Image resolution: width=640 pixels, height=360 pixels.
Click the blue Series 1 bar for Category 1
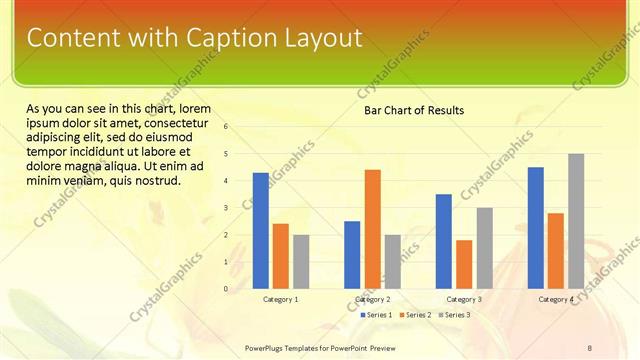coord(261,231)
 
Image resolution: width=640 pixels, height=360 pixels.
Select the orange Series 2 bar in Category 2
coord(372,229)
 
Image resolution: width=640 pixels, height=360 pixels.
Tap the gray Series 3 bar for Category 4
coord(576,221)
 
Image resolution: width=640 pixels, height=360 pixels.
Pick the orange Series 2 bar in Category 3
coord(464,264)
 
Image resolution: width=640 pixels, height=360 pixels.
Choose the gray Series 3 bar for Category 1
coord(301,262)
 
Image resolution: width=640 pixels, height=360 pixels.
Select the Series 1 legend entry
coord(376,315)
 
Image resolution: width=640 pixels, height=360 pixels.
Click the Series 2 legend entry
coord(416,315)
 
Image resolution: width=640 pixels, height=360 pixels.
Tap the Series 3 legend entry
coord(455,315)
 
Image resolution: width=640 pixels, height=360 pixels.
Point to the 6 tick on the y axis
coord(227,126)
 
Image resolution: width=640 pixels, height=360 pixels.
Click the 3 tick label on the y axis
coord(227,208)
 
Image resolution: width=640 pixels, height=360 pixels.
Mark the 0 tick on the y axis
coord(227,289)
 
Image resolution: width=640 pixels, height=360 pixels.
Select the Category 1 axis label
coord(281,299)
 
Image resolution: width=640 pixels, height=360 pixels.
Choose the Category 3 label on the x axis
coord(464,299)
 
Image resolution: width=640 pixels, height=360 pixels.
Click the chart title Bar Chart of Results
coord(413,110)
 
